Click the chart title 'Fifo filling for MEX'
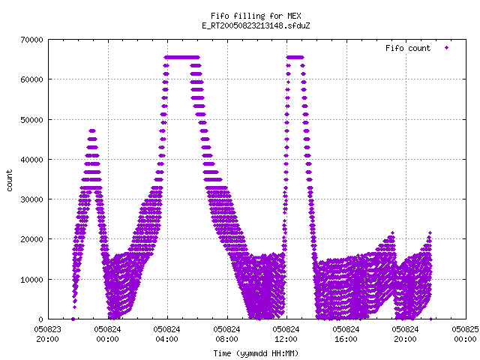point(256,16)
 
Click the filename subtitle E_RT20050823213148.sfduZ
point(256,25)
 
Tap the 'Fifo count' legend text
point(408,48)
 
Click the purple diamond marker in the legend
point(447,48)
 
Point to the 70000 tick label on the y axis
point(31,40)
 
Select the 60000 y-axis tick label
point(31,79)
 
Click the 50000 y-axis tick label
point(31,120)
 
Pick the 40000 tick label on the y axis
point(31,160)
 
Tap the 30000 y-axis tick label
point(31,199)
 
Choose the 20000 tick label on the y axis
point(31,239)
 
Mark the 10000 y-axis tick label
point(31,280)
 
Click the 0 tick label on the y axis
point(41,319)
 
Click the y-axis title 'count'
point(9,181)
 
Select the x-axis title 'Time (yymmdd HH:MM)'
point(256,353)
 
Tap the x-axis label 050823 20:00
point(48,334)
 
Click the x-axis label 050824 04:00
point(166,334)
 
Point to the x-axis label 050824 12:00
point(286,334)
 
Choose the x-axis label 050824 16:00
point(346,334)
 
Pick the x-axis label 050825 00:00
point(465,334)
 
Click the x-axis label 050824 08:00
point(226,334)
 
